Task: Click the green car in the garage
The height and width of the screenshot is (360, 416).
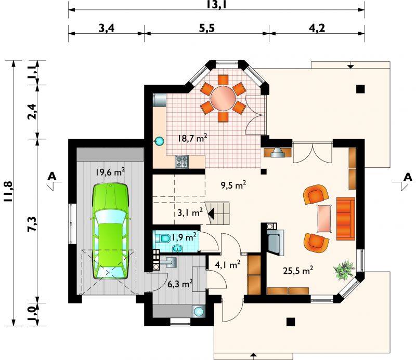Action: (x=110, y=231)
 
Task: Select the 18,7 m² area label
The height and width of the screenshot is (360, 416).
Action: (x=192, y=138)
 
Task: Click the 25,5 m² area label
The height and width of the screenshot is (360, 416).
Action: (x=298, y=271)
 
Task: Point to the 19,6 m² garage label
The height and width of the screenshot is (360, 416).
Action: (x=110, y=172)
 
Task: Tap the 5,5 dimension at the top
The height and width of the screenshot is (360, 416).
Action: (x=207, y=28)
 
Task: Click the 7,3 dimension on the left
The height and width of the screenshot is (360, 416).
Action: (x=33, y=224)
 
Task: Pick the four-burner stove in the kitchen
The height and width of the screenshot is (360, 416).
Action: (x=181, y=162)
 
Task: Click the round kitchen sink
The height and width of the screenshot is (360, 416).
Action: (x=159, y=141)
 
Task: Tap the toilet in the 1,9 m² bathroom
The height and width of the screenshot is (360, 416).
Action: (x=163, y=238)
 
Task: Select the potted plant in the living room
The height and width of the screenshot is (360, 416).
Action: (x=344, y=270)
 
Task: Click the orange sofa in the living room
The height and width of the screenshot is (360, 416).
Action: (x=345, y=219)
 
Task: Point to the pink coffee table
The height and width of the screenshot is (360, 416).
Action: (x=324, y=219)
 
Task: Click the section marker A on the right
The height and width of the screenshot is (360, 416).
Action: (x=408, y=177)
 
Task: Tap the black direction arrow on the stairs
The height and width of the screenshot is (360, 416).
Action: (x=211, y=213)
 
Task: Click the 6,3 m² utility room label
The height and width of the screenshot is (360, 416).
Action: (x=180, y=284)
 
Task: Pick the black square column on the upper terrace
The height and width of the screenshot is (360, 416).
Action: (x=360, y=89)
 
